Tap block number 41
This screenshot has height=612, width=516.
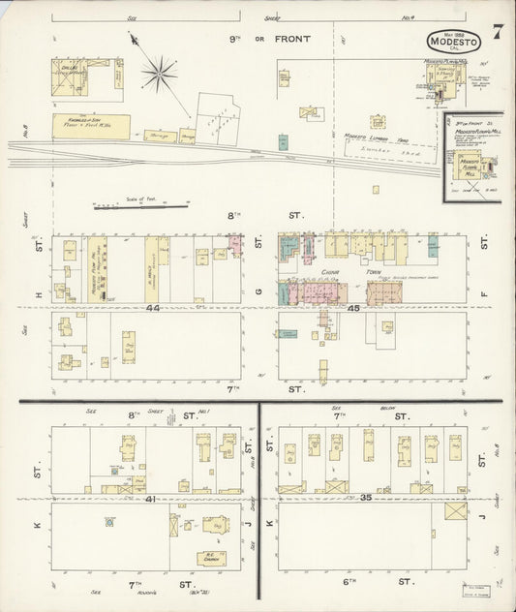pyautogui.click(x=153, y=498)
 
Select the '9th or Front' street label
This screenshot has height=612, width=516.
pyautogui.click(x=258, y=38)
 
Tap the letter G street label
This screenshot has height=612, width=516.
pyautogui.click(x=258, y=290)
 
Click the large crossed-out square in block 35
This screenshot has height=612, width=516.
pyautogui.click(x=455, y=511)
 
